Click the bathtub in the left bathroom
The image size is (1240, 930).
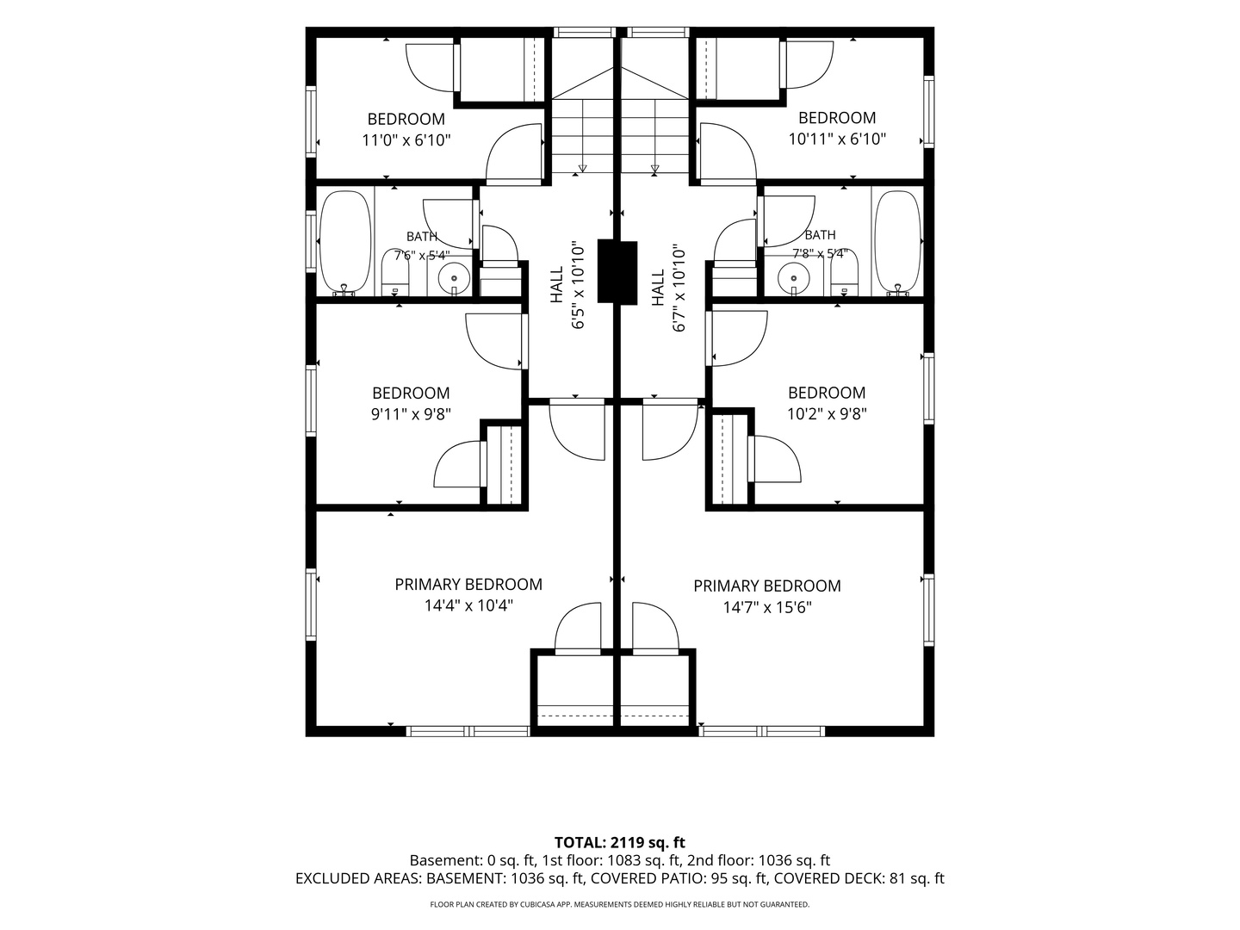[345, 242]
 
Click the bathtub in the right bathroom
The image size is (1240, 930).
[897, 242]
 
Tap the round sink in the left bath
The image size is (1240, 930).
[454, 279]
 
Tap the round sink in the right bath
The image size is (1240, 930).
[794, 279]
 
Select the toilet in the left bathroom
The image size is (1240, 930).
[395, 272]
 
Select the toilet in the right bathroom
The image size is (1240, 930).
[844, 272]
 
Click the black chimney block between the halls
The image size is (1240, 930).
[617, 271]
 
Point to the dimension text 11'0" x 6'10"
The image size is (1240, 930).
[406, 139]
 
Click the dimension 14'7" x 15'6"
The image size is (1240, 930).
[767, 607]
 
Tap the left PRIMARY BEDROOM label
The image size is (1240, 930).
[468, 585]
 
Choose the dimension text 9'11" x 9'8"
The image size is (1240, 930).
[411, 414]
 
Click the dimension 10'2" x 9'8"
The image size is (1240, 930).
[827, 414]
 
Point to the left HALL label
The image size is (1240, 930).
[556, 284]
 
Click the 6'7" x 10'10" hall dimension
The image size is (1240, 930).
[679, 288]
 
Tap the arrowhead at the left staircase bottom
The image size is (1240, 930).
[582, 168]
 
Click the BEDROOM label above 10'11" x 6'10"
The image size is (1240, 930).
[837, 118]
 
